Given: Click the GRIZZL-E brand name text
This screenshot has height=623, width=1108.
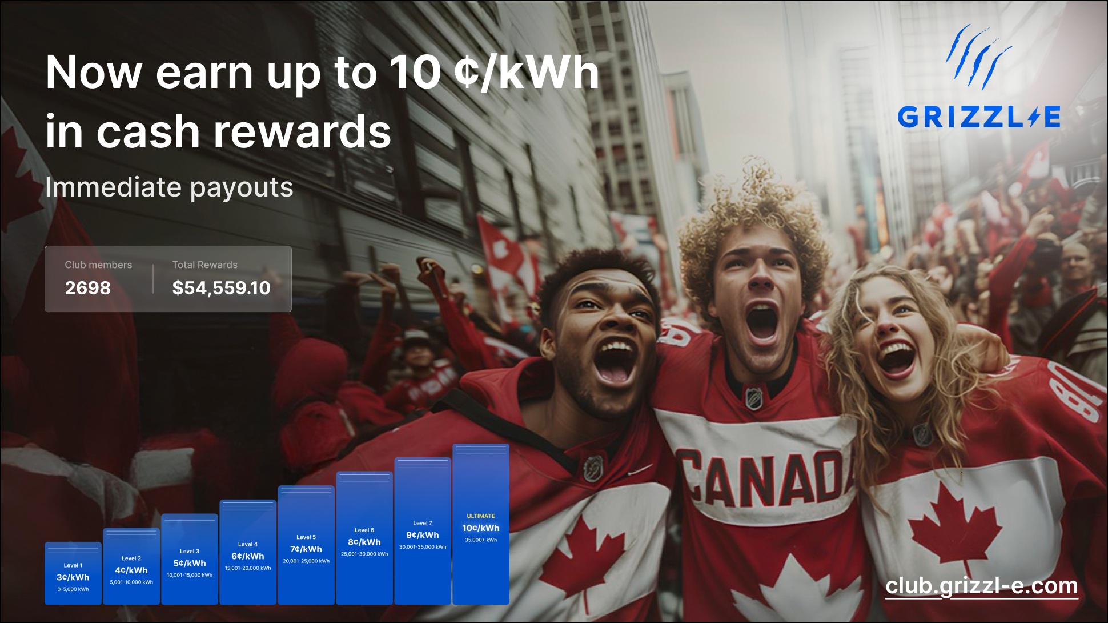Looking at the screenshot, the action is (x=979, y=117).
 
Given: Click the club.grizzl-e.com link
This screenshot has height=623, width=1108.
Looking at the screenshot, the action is (x=982, y=586).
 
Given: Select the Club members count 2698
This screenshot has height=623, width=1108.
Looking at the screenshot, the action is (x=88, y=287).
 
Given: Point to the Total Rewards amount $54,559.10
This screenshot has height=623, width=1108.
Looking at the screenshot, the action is (x=222, y=288).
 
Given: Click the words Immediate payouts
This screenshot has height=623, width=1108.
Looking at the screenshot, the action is (x=169, y=187).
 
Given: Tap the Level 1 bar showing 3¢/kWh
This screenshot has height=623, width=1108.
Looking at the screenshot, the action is (x=73, y=573).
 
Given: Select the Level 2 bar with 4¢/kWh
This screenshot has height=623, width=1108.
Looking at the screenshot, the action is (x=131, y=566).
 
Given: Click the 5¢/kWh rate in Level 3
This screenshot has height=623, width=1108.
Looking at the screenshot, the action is (x=190, y=563).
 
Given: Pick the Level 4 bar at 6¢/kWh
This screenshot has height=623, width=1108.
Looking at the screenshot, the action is (x=248, y=552).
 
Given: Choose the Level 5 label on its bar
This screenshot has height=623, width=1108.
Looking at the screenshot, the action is (x=306, y=537).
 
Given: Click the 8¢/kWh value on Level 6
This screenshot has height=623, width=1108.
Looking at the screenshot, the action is (x=364, y=542).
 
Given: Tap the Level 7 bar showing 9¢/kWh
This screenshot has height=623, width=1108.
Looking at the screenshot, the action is (x=423, y=531).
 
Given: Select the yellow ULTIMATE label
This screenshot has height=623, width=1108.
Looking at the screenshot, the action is (x=481, y=516).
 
